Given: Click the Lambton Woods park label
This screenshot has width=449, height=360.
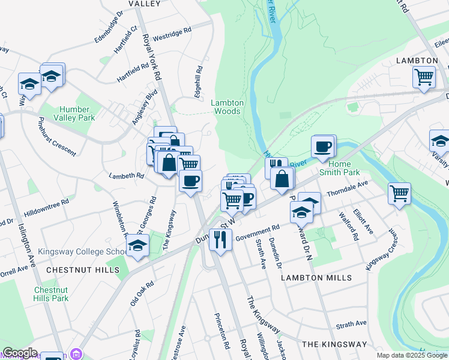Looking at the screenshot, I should coord(228,107).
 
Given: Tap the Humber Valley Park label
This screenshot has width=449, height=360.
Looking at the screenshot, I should coord(74,113).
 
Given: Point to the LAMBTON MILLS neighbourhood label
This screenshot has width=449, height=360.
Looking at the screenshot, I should coord(317,278).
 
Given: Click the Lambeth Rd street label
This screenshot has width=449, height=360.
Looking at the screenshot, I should coord(126,176).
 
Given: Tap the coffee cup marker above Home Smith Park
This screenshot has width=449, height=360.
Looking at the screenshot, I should coord(323,146).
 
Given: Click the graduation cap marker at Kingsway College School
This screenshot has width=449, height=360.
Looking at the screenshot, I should coord(138,245).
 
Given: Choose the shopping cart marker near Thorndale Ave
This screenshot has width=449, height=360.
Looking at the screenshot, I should coord(399,193).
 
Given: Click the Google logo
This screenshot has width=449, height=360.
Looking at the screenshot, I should coord(20,353).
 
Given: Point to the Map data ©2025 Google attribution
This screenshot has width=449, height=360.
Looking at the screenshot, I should coord(411,355).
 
